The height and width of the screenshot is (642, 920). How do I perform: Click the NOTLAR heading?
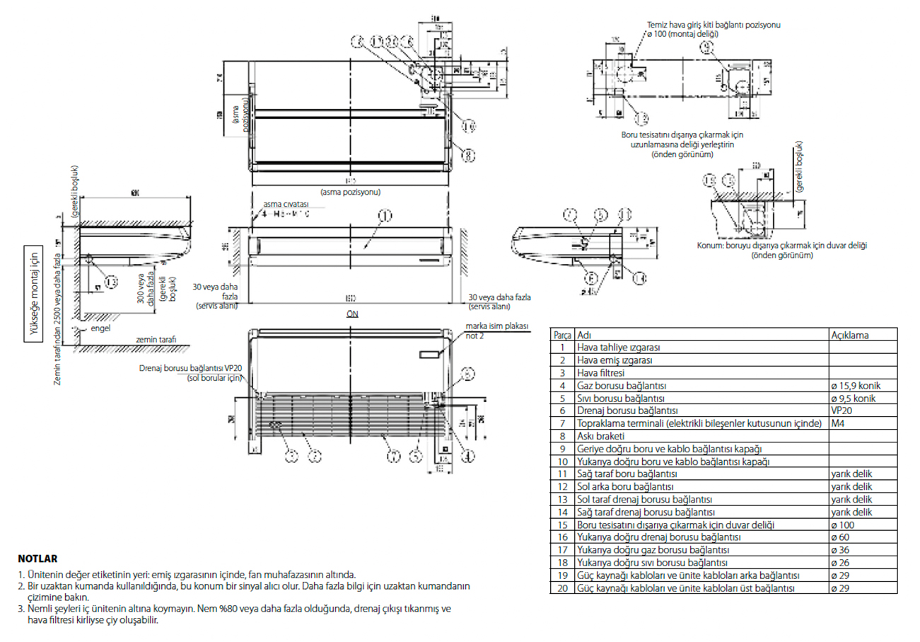[37, 558]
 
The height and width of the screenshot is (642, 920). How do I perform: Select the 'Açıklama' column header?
[850, 335]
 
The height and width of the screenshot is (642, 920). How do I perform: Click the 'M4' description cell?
[838, 423]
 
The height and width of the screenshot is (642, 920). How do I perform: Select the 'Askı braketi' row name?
[602, 436]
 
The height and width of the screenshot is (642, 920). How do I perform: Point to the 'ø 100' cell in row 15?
[843, 525]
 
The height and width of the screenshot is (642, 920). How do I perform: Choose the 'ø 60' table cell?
[841, 538]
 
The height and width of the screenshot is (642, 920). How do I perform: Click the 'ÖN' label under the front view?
[351, 313]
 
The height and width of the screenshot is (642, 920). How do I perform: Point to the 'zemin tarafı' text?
[156, 340]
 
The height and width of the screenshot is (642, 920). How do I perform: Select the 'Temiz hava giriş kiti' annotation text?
[718, 25]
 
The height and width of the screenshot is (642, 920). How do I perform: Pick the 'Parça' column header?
[562, 335]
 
